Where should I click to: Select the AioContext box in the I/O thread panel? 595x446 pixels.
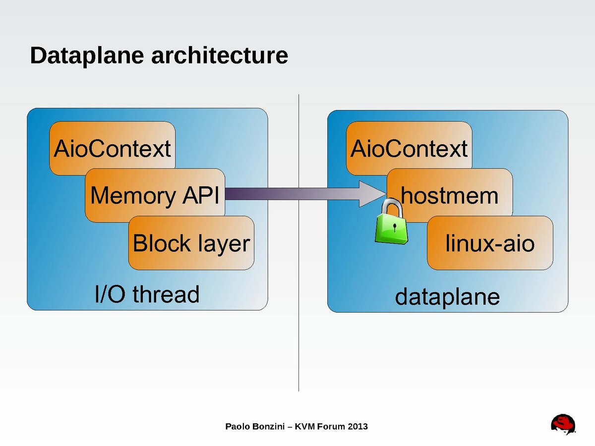point(113,148)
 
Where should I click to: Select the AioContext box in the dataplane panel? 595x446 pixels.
point(409,148)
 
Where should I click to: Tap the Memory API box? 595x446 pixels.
point(155,195)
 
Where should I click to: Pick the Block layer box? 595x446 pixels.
point(191,243)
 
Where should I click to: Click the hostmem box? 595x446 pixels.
point(450,195)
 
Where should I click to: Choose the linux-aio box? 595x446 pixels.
point(490,243)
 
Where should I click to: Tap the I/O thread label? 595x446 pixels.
point(147,294)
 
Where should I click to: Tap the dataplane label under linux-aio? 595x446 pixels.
point(447,297)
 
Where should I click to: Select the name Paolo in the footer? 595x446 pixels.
point(237,426)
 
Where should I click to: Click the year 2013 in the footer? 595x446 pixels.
point(357,426)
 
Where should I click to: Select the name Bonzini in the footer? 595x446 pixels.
point(268,426)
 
